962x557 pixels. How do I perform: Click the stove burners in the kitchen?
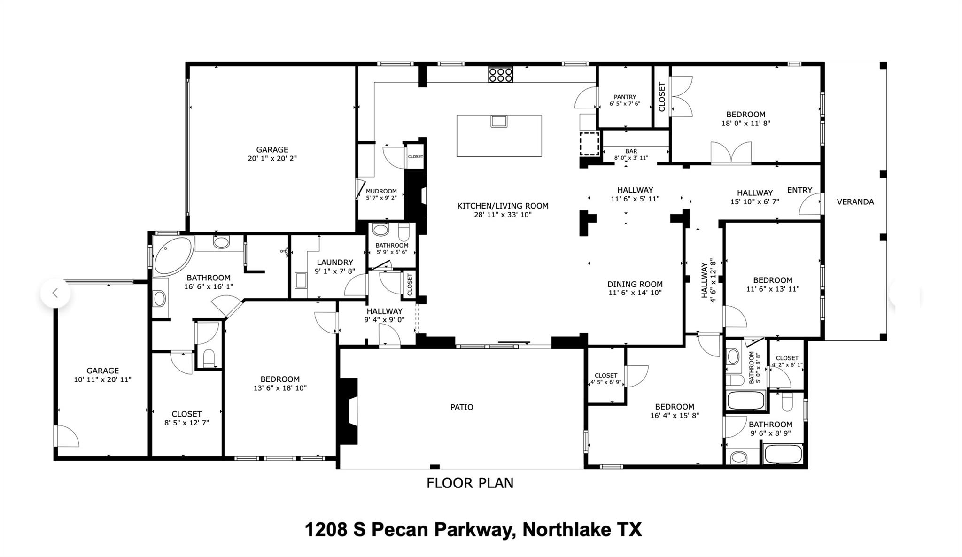pyautogui.click(x=500, y=75)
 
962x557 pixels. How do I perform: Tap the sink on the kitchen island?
pyautogui.click(x=499, y=121)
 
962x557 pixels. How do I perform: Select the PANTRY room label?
pyautogui.click(x=625, y=97)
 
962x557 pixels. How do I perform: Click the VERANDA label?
pyautogui.click(x=855, y=202)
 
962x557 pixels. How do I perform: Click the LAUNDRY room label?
pyautogui.click(x=334, y=263)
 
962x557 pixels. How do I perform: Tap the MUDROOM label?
pyautogui.click(x=381, y=191)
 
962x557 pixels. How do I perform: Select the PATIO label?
pyautogui.click(x=462, y=407)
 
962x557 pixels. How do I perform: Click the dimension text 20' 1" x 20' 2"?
pyautogui.click(x=272, y=159)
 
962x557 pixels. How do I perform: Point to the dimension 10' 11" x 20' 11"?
pyautogui.click(x=102, y=379)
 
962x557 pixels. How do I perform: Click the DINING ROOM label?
pyautogui.click(x=635, y=284)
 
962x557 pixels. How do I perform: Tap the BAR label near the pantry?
pyautogui.click(x=631, y=151)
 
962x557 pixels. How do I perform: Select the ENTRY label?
pyautogui.click(x=799, y=190)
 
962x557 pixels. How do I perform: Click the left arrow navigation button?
pyautogui.click(x=55, y=293)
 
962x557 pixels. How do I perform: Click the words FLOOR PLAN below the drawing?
pyautogui.click(x=470, y=483)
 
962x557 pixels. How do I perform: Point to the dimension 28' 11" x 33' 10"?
pyautogui.click(x=503, y=215)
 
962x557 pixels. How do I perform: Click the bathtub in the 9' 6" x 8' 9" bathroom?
pyautogui.click(x=783, y=454)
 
